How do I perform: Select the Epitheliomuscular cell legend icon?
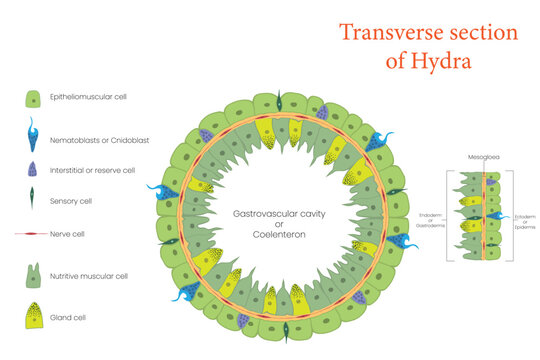pyautogui.click(x=33, y=99)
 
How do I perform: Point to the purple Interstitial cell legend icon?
pyautogui.click(x=33, y=169)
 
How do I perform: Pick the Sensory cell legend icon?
pyautogui.click(x=33, y=200)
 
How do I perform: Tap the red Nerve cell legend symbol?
pyautogui.click(x=33, y=234)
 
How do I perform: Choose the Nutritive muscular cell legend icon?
pyautogui.click(x=33, y=273)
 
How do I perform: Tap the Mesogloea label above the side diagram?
pyautogui.click(x=484, y=156)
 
